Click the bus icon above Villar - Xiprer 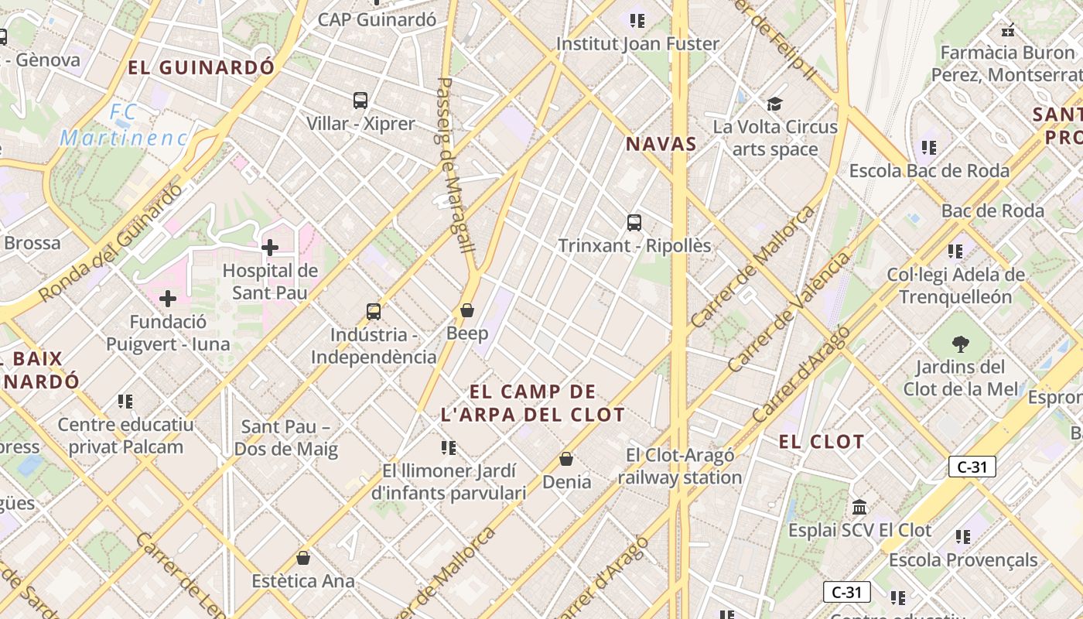[360, 100]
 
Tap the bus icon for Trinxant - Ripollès [634, 223]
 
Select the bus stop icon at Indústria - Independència [374, 312]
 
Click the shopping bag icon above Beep [467, 310]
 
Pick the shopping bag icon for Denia [566, 459]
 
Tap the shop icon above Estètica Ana [303, 558]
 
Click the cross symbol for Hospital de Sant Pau [270, 248]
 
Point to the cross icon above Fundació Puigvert [168, 299]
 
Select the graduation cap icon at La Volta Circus [774, 104]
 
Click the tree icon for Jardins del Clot [961, 344]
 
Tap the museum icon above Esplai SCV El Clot [859, 508]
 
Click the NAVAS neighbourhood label [661, 144]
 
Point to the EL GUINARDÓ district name [201, 67]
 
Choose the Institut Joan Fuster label [638, 44]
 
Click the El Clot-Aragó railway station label [680, 467]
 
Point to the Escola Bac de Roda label [929, 170]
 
